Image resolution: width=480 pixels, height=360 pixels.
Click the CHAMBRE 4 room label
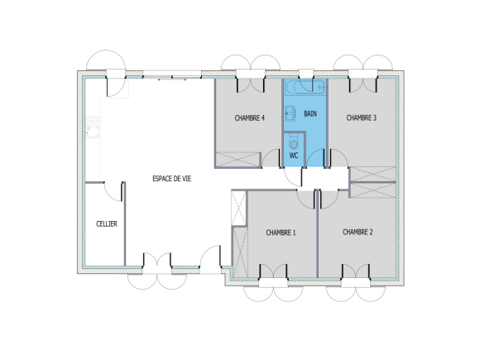(x=249, y=118)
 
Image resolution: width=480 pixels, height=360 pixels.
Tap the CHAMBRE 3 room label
(x=361, y=118)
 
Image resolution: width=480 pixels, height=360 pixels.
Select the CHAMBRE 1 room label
(x=281, y=233)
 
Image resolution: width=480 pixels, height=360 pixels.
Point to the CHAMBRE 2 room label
(x=358, y=233)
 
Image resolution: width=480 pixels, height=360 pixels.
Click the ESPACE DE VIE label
(x=171, y=180)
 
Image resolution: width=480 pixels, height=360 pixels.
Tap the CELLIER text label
(x=106, y=224)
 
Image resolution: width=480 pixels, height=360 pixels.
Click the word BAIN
(x=310, y=113)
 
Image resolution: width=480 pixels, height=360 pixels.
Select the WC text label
(x=293, y=155)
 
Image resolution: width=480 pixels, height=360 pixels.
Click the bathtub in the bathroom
(x=304, y=86)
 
